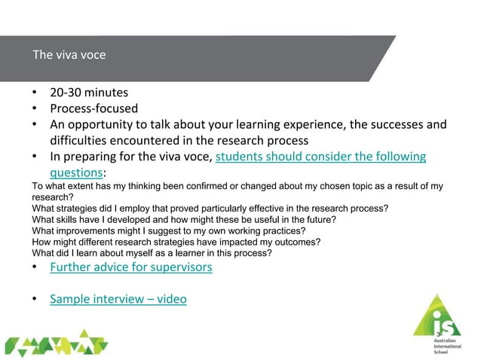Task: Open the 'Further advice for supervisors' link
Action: click(x=130, y=267)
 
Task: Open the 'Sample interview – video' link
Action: click(x=118, y=299)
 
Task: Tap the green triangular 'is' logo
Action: click(x=436, y=319)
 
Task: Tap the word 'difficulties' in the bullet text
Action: click(x=81, y=141)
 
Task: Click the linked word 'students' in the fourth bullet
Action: click(x=242, y=157)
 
